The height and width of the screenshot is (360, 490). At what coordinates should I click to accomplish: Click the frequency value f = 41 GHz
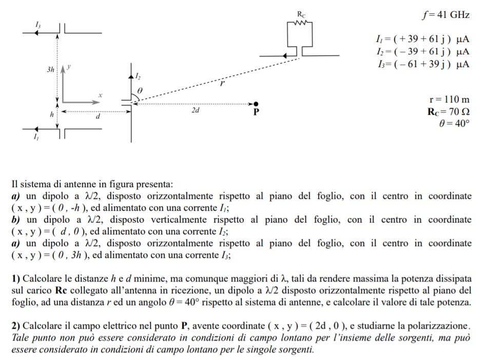[445, 15]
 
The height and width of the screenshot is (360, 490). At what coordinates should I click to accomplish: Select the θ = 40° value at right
[455, 123]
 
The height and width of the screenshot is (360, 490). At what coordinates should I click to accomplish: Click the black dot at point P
[256, 104]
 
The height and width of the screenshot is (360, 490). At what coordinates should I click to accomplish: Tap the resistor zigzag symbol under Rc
[300, 22]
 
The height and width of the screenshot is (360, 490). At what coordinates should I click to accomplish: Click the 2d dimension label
[195, 110]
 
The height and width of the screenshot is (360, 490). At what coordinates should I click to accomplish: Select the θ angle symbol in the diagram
[139, 90]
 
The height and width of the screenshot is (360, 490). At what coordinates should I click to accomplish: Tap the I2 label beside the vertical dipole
[137, 76]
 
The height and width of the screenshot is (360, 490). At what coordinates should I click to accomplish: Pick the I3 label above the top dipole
[38, 24]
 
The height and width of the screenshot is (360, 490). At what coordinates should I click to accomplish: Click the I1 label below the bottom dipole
[35, 137]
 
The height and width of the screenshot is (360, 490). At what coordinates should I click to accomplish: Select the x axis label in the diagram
[101, 95]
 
